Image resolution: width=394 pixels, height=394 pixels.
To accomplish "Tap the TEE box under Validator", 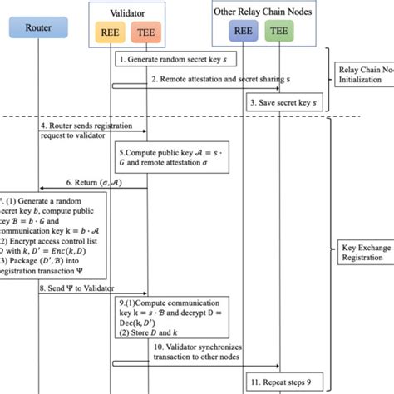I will coord(146,36).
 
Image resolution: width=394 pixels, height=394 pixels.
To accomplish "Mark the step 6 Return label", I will coord(92,182).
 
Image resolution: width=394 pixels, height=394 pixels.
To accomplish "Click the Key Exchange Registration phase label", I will coord(364,252).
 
